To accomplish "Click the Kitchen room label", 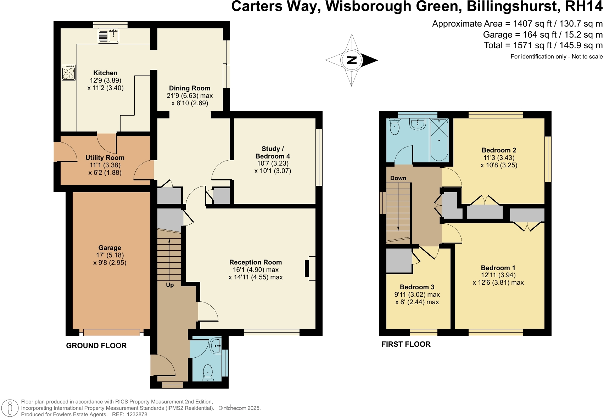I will coord(105,73).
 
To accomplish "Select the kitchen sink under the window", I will coord(108,36).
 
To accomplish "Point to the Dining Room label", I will coord(190,88).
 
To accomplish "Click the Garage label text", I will coord(110,247).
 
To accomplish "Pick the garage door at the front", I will coord(112,333).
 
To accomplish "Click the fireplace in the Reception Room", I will coord(310,268).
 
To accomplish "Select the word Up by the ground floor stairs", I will coord(170,285).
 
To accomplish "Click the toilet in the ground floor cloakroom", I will coord(208,373).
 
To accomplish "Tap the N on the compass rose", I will coord(352,60).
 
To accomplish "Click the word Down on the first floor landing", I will coord(398,178).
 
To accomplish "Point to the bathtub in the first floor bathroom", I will coord(439,140).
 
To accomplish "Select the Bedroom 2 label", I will coord(499,150).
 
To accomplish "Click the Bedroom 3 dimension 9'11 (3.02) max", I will coord(417,295).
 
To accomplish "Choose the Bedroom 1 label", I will coord(498,268).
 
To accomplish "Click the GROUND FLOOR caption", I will coord(96,346).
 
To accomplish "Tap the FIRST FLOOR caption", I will coord(406,344).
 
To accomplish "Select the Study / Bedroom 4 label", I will coord(273,152).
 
